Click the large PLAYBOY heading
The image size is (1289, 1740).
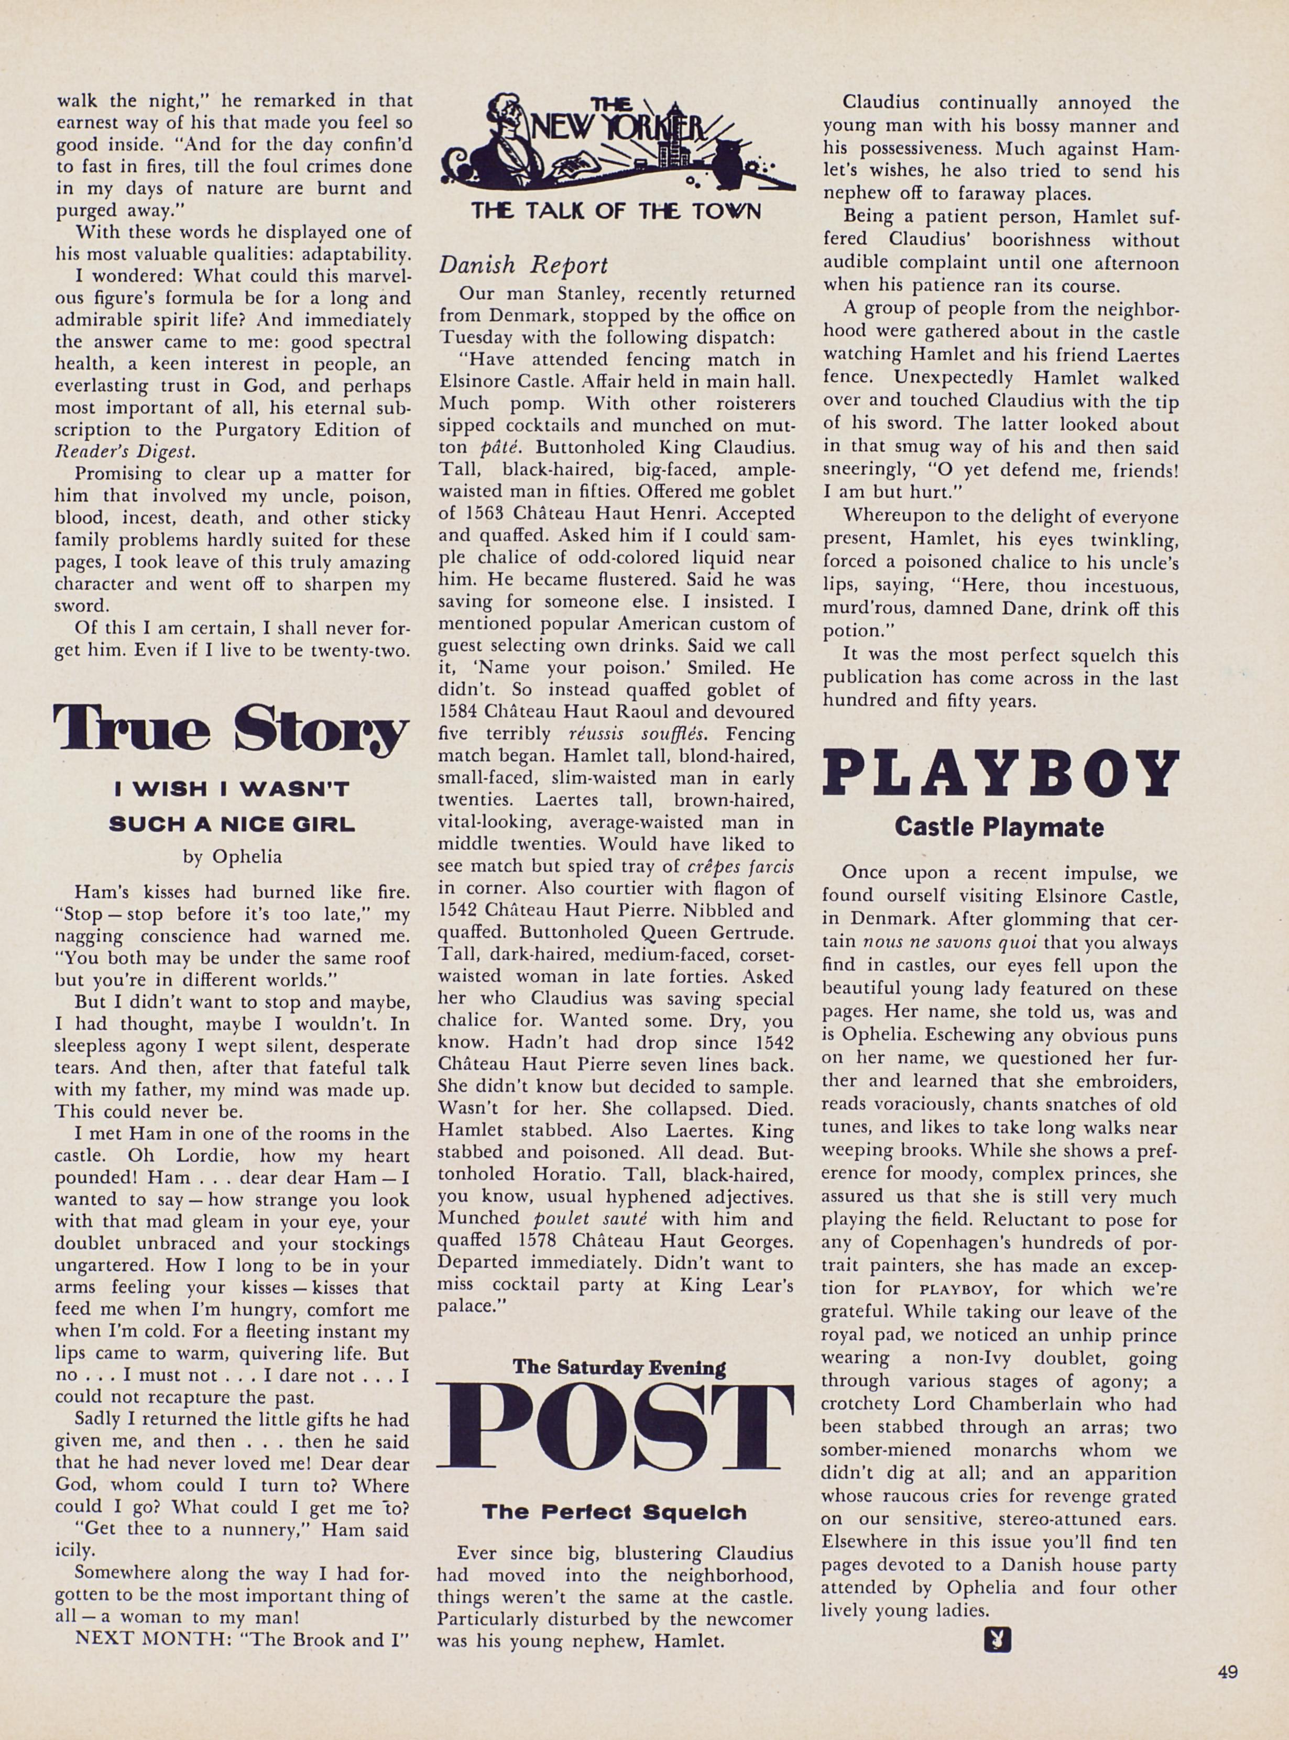pyautogui.click(x=1000, y=773)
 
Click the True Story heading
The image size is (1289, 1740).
pyautogui.click(x=231, y=728)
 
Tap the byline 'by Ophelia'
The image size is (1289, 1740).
pyautogui.click(x=232, y=856)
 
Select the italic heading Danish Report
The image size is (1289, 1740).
pyautogui.click(x=523, y=266)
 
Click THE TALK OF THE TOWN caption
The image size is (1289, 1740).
pyautogui.click(x=616, y=212)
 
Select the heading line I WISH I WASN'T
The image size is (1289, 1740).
pyautogui.click(x=232, y=790)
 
